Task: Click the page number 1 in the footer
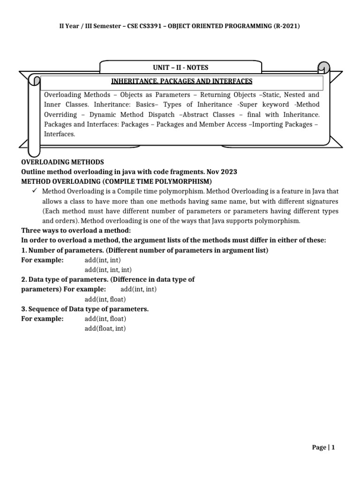click(333, 448)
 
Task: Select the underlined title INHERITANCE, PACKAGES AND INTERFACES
click(181, 82)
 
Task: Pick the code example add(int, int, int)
click(108, 270)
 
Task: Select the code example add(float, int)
click(105, 329)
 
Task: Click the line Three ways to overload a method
click(76, 231)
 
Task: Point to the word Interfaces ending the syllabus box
click(59, 134)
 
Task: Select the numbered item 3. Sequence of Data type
click(85, 309)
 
